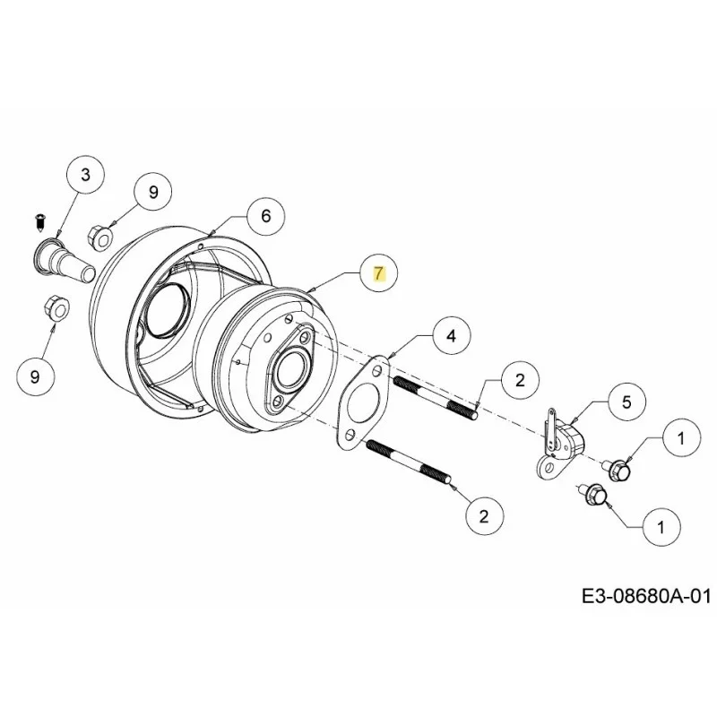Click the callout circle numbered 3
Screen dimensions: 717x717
point(85,175)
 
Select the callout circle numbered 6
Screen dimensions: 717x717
point(265,215)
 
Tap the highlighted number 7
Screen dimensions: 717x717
point(378,274)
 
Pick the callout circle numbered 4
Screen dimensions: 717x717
point(451,336)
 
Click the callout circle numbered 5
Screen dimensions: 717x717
point(626,402)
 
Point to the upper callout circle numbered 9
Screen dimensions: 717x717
point(153,192)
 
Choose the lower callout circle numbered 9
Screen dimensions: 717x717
point(35,376)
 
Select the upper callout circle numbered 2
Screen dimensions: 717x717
point(520,380)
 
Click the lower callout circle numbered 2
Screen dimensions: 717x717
point(484,517)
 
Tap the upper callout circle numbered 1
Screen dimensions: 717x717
point(681,438)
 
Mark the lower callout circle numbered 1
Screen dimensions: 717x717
point(661,528)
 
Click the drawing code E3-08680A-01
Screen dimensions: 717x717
point(646,597)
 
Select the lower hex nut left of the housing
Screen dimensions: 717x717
point(56,308)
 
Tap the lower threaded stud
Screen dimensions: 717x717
point(410,461)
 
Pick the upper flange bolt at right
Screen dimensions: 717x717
point(618,470)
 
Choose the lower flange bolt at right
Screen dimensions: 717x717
point(593,495)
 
